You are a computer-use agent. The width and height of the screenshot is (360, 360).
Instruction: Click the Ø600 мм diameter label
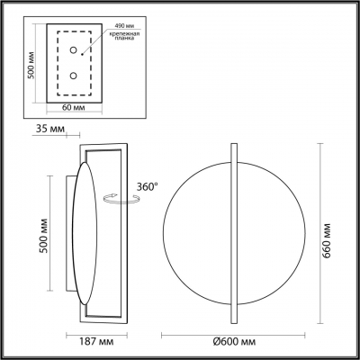(233, 342)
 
